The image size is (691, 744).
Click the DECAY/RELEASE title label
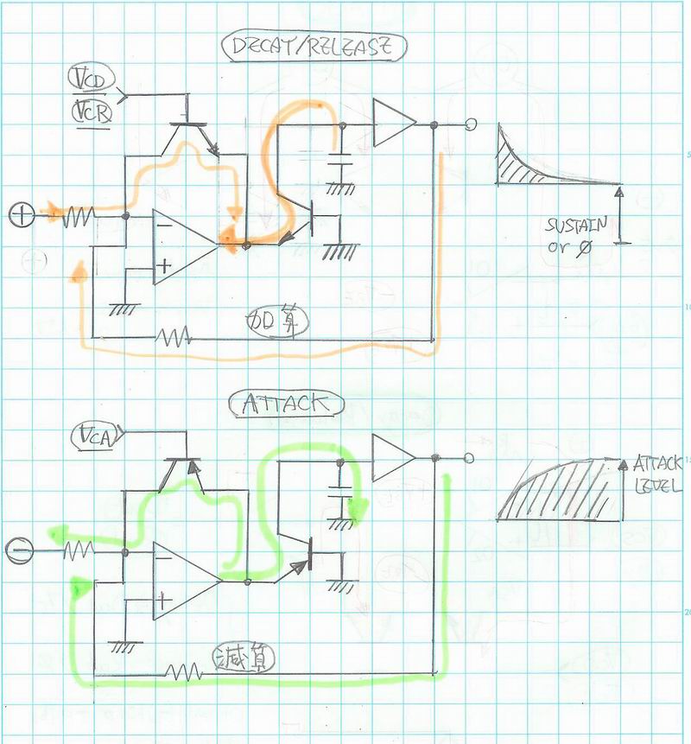pyautogui.click(x=313, y=48)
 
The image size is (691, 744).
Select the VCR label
pyautogui.click(x=90, y=113)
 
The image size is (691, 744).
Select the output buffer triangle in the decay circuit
pyautogui.click(x=391, y=123)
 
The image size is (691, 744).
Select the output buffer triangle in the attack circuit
pyautogui.click(x=390, y=457)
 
